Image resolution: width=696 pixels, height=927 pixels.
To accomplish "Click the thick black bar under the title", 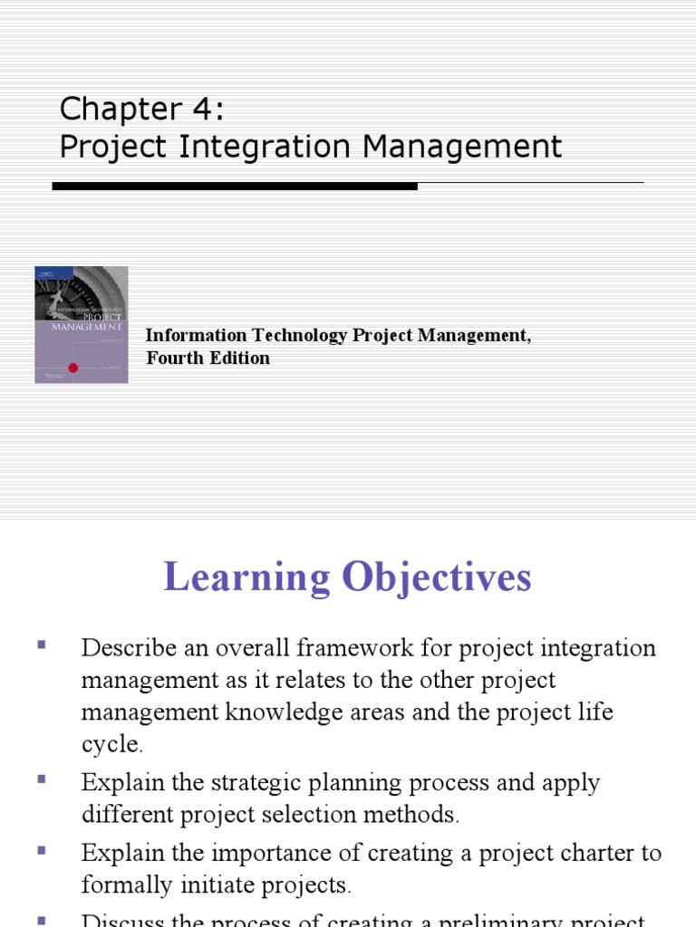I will click(235, 186).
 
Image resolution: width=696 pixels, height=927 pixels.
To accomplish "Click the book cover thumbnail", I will click(82, 324).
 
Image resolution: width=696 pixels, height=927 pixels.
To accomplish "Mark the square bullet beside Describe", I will click(42, 645).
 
